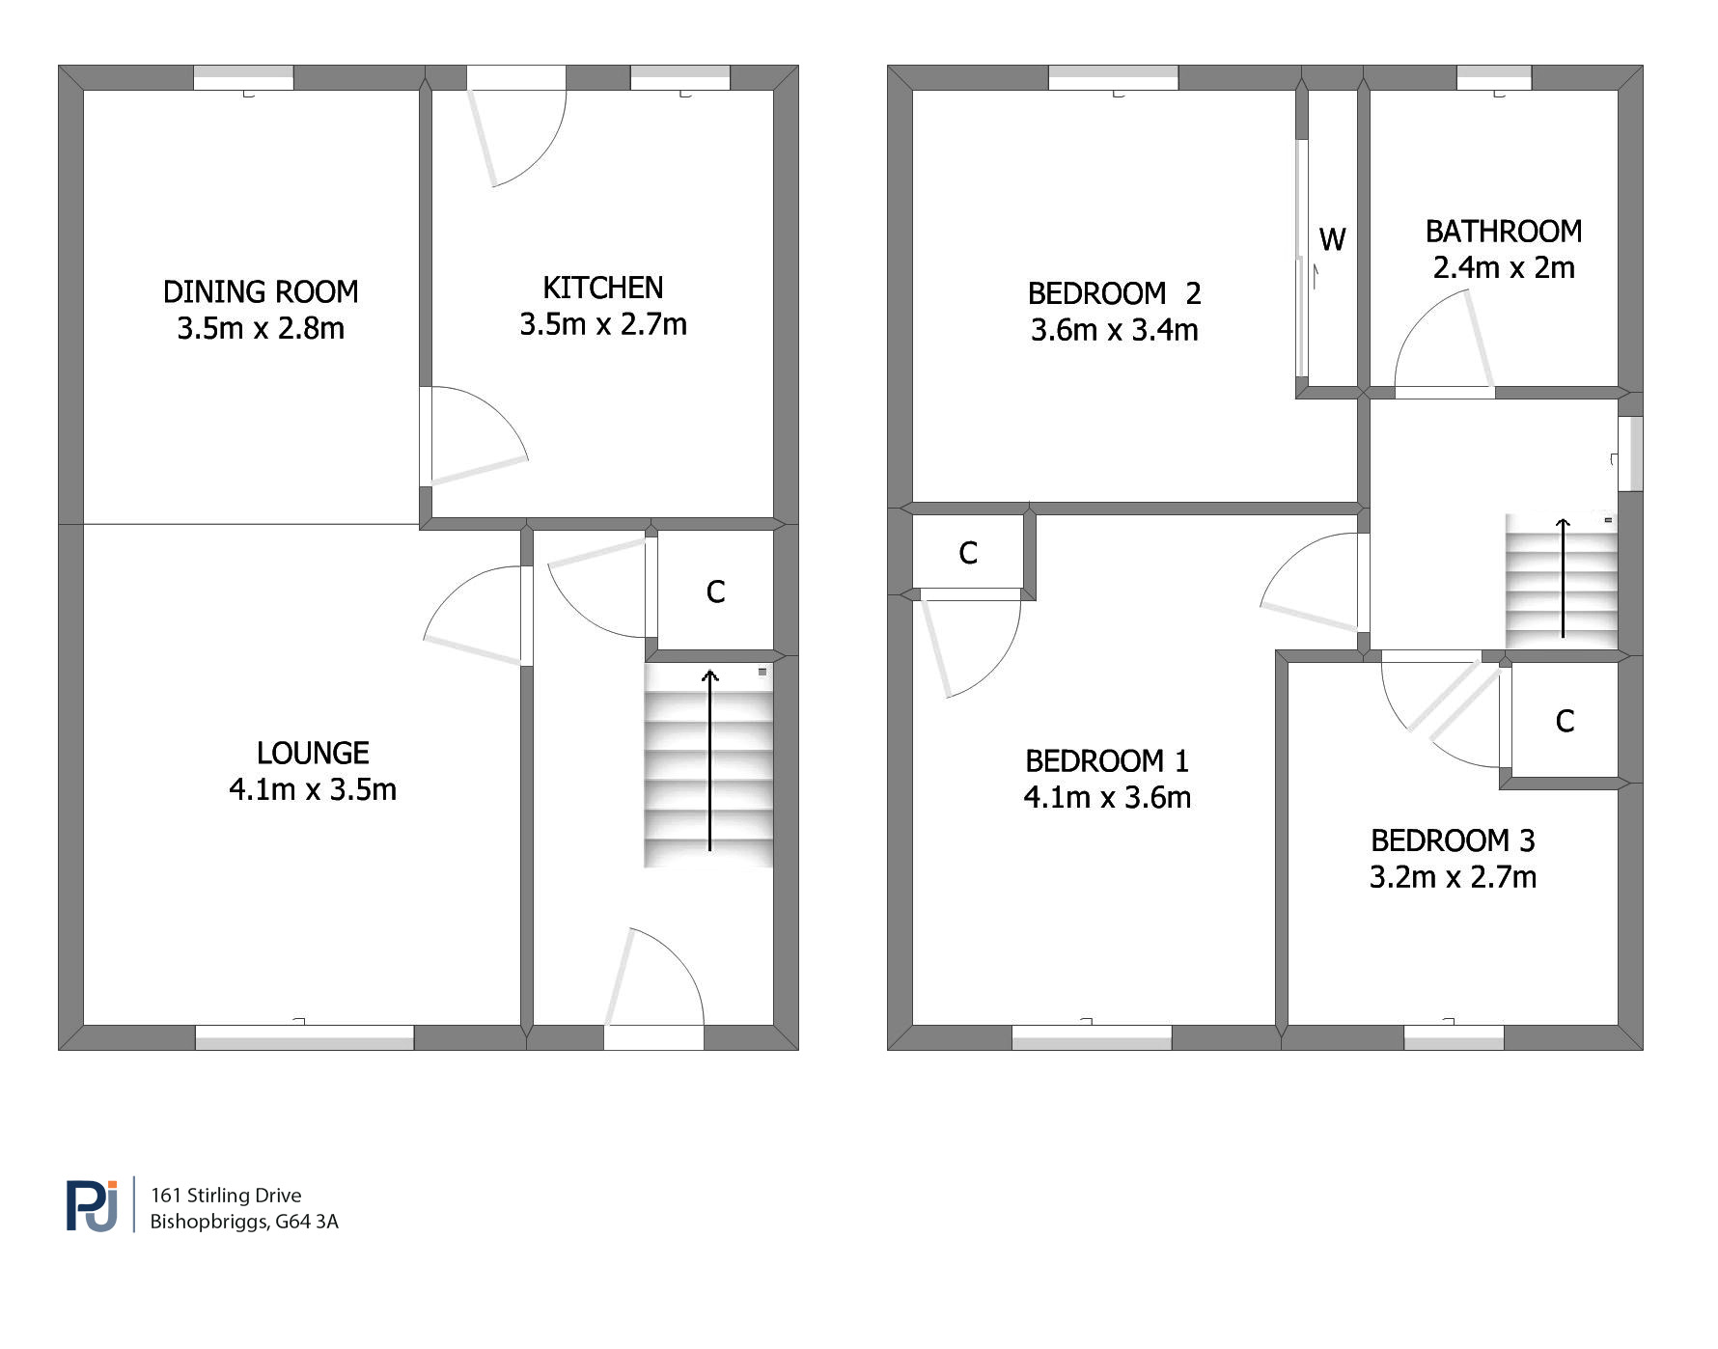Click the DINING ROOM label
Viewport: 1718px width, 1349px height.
coord(261,291)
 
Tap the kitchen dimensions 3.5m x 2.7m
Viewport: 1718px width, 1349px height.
coord(603,324)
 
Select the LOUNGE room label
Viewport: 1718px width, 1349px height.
coord(313,753)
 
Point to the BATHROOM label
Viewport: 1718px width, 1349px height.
coord(1504,232)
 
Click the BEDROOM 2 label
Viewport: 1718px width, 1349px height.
coord(1114,293)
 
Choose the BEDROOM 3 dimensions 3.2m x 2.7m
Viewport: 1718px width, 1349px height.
coord(1453,877)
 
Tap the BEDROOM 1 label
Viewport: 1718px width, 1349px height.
coord(1107,761)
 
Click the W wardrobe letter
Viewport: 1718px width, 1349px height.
coord(1332,239)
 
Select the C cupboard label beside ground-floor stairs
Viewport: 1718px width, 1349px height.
coord(715,592)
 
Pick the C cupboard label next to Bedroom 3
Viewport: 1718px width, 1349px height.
coord(1565,721)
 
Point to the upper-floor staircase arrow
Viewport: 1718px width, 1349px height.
coord(1563,578)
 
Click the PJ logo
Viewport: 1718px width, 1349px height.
coord(93,1205)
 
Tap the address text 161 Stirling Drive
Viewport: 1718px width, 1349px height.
coord(226,1196)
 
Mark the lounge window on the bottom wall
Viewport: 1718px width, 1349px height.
coord(305,1037)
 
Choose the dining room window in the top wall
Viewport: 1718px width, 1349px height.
coord(243,78)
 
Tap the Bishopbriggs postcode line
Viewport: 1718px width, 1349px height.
coord(244,1222)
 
